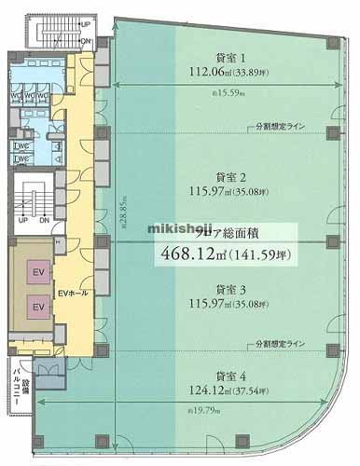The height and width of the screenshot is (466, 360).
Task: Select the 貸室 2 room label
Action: click(229, 176)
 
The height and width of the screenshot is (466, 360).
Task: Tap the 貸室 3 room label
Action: click(229, 288)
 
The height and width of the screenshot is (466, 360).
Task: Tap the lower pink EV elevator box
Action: click(39, 306)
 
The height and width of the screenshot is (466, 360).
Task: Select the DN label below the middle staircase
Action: click(45, 220)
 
